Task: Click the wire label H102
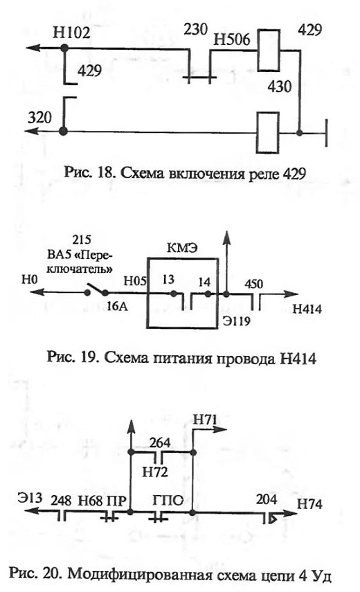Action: pos(71,33)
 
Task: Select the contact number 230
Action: pos(196,29)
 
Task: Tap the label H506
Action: pos(232,39)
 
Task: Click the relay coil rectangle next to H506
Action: pos(269,51)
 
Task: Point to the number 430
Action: pos(280,87)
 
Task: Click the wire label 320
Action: pos(39,118)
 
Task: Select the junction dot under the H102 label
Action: pos(64,48)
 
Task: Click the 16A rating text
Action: pos(117,306)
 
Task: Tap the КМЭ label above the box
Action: pos(182,249)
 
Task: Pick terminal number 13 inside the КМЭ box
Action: pos(168,280)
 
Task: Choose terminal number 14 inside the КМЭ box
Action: pos(204,282)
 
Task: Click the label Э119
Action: pos(236,321)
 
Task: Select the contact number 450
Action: pos(253,284)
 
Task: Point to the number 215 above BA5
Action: pos(82,240)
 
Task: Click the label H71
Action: pos(206,419)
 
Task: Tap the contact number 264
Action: pos(160,442)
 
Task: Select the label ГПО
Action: pos(168,501)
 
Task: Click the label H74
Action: pos(310,504)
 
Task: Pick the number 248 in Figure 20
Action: pos(61,501)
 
